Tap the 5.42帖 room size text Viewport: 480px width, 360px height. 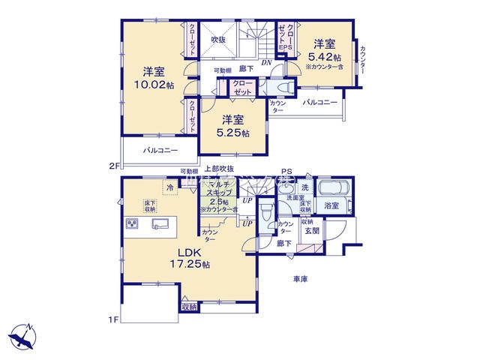click(x=327, y=58)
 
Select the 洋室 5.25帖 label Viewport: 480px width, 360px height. click(x=235, y=125)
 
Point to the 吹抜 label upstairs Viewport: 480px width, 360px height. click(x=218, y=39)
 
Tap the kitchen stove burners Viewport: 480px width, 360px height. click(x=133, y=223)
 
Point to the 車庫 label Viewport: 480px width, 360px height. click(x=301, y=279)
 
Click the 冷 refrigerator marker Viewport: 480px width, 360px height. click(x=170, y=187)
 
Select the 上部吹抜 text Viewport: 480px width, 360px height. click(x=220, y=170)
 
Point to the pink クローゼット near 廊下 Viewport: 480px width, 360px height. click(x=242, y=87)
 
